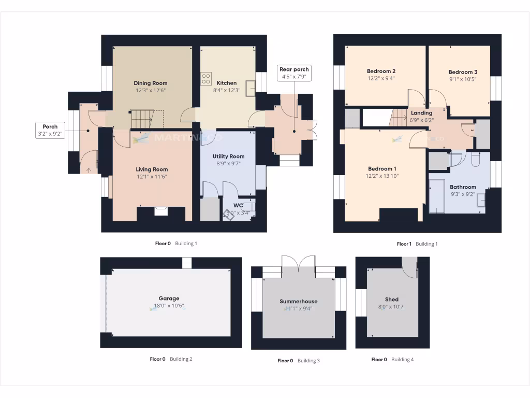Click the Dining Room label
[151, 83]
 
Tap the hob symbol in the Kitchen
[206, 79]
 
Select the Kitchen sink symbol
[251, 88]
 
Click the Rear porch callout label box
[294, 73]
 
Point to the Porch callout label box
[50, 130]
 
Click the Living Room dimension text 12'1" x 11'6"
[152, 177]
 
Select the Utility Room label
[228, 157]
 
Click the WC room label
[238, 205]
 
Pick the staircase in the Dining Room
[141, 119]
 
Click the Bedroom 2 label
[381, 72]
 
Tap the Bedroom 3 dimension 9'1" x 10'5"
[463, 79]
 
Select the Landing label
[421, 113]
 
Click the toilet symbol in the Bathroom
[476, 159]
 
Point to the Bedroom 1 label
[382, 169]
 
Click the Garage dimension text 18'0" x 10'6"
[169, 306]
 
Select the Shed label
[392, 300]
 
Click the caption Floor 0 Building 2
[171, 359]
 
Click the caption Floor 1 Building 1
[417, 244]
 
